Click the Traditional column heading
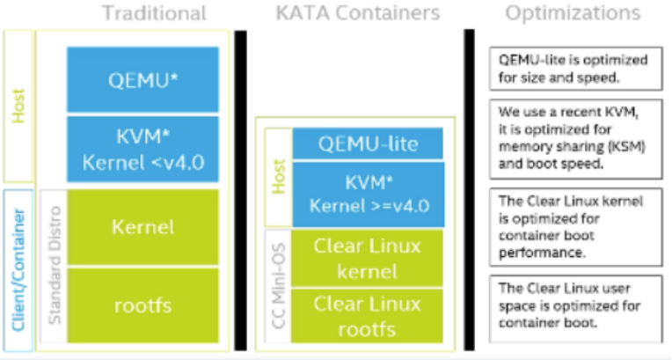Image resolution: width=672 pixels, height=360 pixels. (154, 13)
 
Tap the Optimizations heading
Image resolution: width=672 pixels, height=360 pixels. (572, 13)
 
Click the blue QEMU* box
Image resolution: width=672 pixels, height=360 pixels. (142, 81)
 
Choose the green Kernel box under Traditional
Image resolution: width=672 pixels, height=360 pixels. (142, 226)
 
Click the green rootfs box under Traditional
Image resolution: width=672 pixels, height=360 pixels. (142, 305)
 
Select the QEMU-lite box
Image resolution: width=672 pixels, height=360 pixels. (369, 143)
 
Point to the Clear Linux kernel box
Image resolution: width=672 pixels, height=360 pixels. (369, 258)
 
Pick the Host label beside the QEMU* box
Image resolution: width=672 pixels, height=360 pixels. (18, 106)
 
